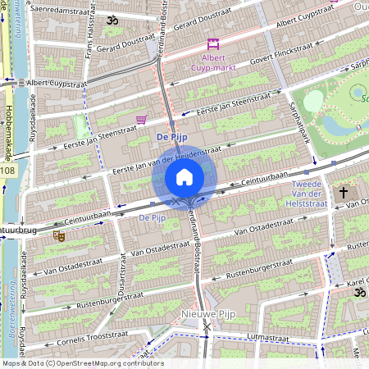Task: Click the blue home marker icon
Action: coord(184,177)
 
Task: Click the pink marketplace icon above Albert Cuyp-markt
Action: coord(213,44)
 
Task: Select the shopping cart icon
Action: coord(141,120)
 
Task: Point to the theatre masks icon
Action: coord(58,235)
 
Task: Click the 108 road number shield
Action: coord(7,171)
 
